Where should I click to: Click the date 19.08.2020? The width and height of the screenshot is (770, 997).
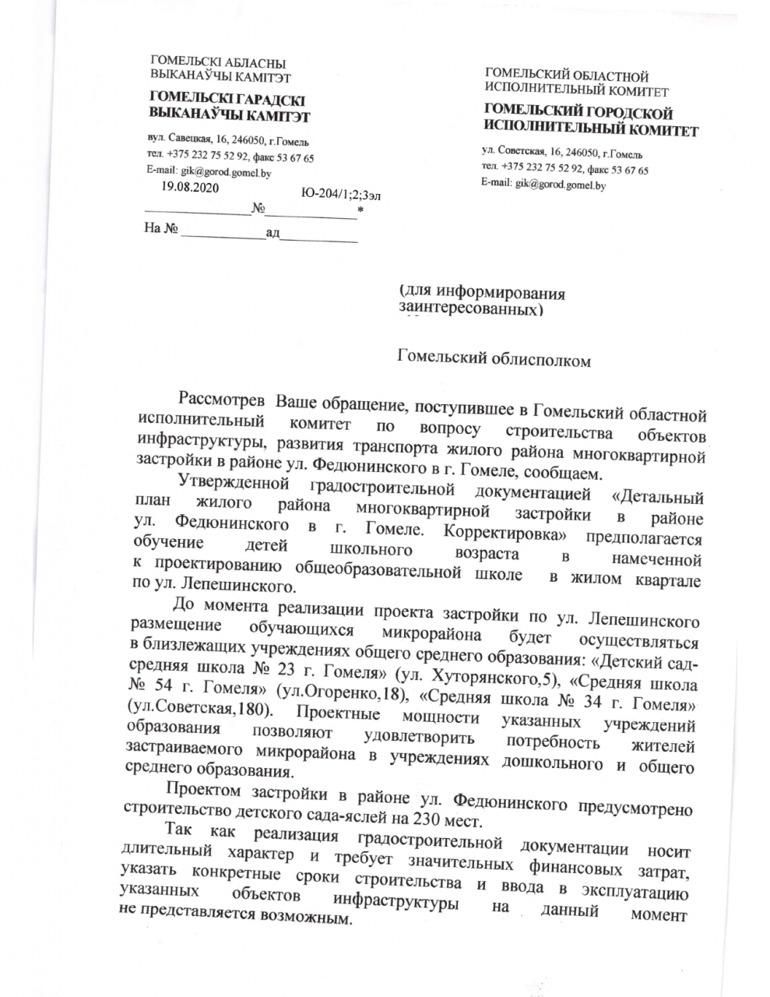click(190, 188)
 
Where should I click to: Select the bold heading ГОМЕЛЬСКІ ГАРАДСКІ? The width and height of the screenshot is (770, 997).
click(227, 100)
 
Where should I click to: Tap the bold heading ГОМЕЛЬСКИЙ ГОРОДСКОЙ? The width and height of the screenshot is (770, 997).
click(578, 114)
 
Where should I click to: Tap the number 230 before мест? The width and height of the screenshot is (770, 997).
click(422, 821)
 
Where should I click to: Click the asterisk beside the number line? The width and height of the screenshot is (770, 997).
click(360, 210)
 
